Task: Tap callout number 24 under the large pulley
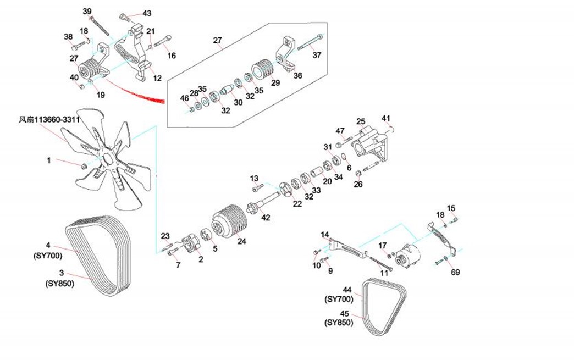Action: coord(241,240)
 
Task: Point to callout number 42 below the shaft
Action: coord(266,218)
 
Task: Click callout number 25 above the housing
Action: coord(361,121)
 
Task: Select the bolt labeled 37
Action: coord(309,43)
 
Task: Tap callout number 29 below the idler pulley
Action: coord(275,83)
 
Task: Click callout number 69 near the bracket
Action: coord(456,272)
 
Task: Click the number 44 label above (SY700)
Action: coord(347,289)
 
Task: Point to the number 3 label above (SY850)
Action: coord(62,273)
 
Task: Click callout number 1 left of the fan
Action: coord(48,160)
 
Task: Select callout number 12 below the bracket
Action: coord(157,79)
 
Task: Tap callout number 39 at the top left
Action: coord(87,12)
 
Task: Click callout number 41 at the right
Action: coord(386,118)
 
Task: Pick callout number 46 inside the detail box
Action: coord(185,98)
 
